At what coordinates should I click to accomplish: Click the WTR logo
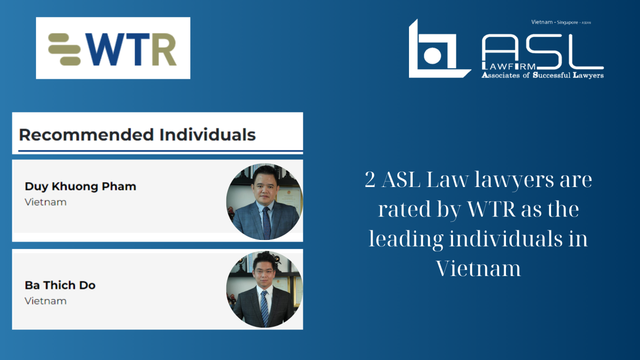(x=113, y=48)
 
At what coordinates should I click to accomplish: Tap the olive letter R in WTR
(x=164, y=49)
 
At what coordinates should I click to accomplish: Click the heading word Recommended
(x=86, y=135)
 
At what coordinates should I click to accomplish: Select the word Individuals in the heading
(x=208, y=135)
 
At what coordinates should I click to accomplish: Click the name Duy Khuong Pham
(x=80, y=187)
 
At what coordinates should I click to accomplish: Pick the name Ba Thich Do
(x=60, y=285)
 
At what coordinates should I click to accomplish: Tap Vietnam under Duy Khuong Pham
(x=45, y=202)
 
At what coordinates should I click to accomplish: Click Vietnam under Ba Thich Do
(x=45, y=301)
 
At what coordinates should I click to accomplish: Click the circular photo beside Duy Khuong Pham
(x=264, y=202)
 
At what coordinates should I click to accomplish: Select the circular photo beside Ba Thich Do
(x=264, y=289)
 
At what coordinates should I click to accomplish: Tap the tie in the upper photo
(x=267, y=223)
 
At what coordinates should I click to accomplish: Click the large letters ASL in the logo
(x=543, y=52)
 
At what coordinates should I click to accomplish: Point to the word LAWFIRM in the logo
(x=509, y=67)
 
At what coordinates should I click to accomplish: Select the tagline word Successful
(x=552, y=75)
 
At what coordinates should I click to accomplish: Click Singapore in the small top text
(x=567, y=22)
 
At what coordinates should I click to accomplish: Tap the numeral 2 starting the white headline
(x=370, y=180)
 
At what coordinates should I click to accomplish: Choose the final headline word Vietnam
(x=478, y=268)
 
